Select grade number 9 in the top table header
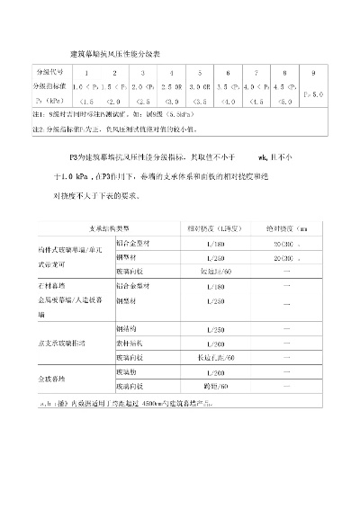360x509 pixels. (x=312, y=72)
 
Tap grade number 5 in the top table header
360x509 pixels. (x=199, y=72)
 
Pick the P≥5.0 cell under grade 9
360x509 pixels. (x=312, y=94)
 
